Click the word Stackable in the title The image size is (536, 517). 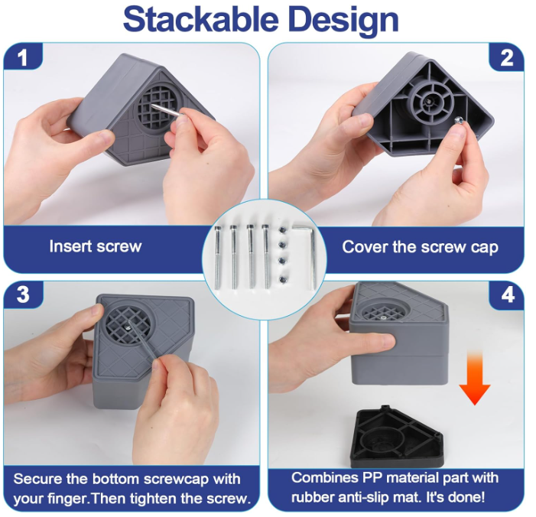[x=200, y=20]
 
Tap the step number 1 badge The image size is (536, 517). [x=23, y=57]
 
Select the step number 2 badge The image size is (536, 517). [x=507, y=58]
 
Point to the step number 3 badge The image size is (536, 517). [x=23, y=294]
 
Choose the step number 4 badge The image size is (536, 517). [x=508, y=294]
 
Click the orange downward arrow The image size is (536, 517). [x=475, y=378]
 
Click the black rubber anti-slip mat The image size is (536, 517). [x=398, y=437]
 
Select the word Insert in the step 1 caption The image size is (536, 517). [x=70, y=246]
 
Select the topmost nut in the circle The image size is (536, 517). [x=282, y=229]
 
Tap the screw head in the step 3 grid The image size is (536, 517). [x=128, y=327]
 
